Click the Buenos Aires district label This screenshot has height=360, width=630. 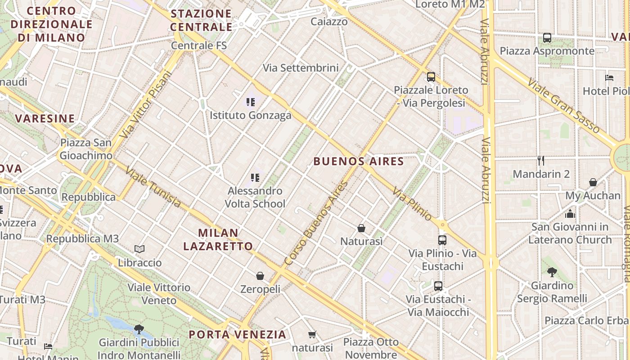[359, 162]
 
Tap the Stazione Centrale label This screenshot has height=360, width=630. [201, 20]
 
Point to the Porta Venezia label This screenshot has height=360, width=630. [237, 334]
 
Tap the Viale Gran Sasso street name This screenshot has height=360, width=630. [563, 106]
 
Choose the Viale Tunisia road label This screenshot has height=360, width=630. [153, 187]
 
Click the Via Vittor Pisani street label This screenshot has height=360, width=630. [146, 104]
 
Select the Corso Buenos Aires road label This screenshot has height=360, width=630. [317, 223]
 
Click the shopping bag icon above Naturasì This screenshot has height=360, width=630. [361, 228]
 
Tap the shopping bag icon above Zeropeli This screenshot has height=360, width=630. [260, 275]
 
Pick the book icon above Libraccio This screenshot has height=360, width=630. [139, 249]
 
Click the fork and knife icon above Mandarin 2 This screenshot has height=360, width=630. [541, 160]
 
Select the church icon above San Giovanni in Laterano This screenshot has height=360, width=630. [570, 214]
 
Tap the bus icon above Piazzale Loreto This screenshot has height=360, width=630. [431, 77]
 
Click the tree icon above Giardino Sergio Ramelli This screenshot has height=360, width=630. [552, 272]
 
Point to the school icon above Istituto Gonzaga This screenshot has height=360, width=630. [251, 102]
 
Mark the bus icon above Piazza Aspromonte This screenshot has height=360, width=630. [547, 38]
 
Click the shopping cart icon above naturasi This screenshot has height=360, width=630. [312, 334]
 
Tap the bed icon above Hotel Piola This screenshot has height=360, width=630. [609, 77]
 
